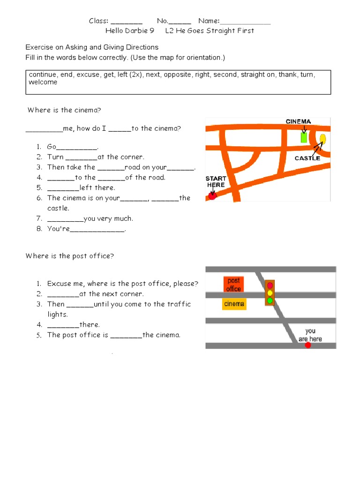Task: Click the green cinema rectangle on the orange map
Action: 304,137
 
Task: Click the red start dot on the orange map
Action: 212,196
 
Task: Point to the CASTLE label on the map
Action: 307,158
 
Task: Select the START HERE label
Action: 216,181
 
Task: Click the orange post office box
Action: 233,285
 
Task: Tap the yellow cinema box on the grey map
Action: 234,304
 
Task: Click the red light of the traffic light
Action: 270,285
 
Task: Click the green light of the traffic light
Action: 270,300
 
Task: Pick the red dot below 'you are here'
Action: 308,345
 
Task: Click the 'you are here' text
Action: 310,335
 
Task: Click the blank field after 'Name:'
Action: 245,21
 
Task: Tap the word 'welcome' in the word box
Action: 43,82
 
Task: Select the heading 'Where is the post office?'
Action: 70,256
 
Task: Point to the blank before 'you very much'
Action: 65,218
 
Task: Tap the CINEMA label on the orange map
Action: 299,121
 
